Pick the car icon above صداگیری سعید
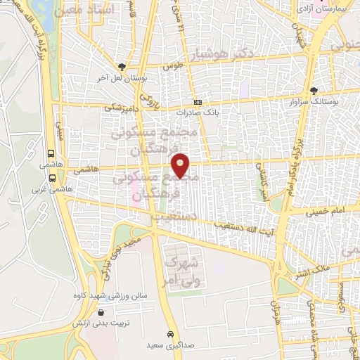click(x=171, y=333)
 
